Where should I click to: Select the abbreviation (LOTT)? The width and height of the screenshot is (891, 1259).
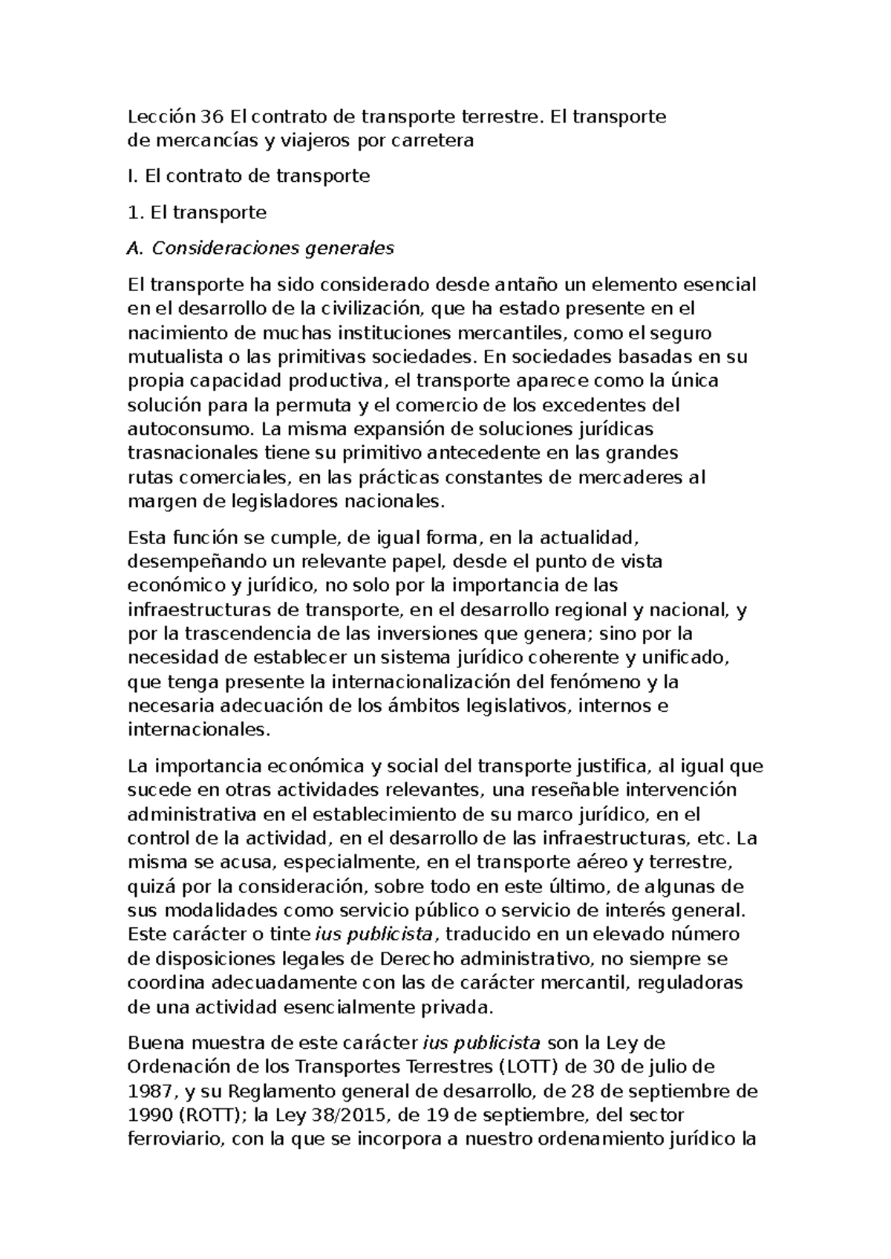(x=528, y=1067)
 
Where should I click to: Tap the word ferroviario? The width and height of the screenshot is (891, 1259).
(x=174, y=1139)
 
